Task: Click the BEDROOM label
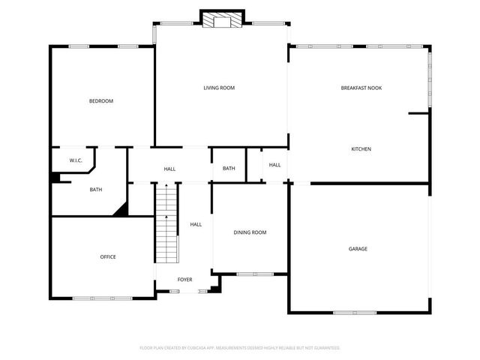click(101, 101)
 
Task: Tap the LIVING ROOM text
click(219, 88)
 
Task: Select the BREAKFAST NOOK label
click(361, 88)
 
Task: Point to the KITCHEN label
click(361, 149)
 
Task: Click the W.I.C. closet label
click(76, 160)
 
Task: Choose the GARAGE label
click(358, 248)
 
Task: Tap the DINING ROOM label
click(250, 232)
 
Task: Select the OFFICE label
click(108, 257)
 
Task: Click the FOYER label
click(184, 280)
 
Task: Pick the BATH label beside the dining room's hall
click(229, 168)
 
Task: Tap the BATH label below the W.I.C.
click(96, 190)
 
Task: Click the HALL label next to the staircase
click(196, 224)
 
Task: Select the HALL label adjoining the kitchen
click(274, 165)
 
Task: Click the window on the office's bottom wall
click(103, 298)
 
